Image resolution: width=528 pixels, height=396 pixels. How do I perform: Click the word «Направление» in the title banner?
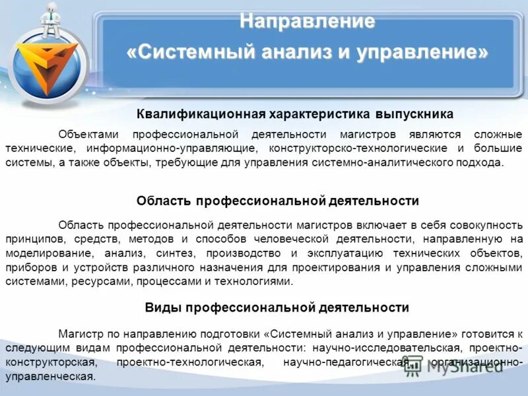pyautogui.click(x=307, y=21)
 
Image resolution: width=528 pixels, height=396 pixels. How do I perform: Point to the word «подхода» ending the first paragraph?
pyautogui.click(x=480, y=162)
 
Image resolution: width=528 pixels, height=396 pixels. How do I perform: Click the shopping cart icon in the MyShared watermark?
pyautogui.click(x=414, y=367)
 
